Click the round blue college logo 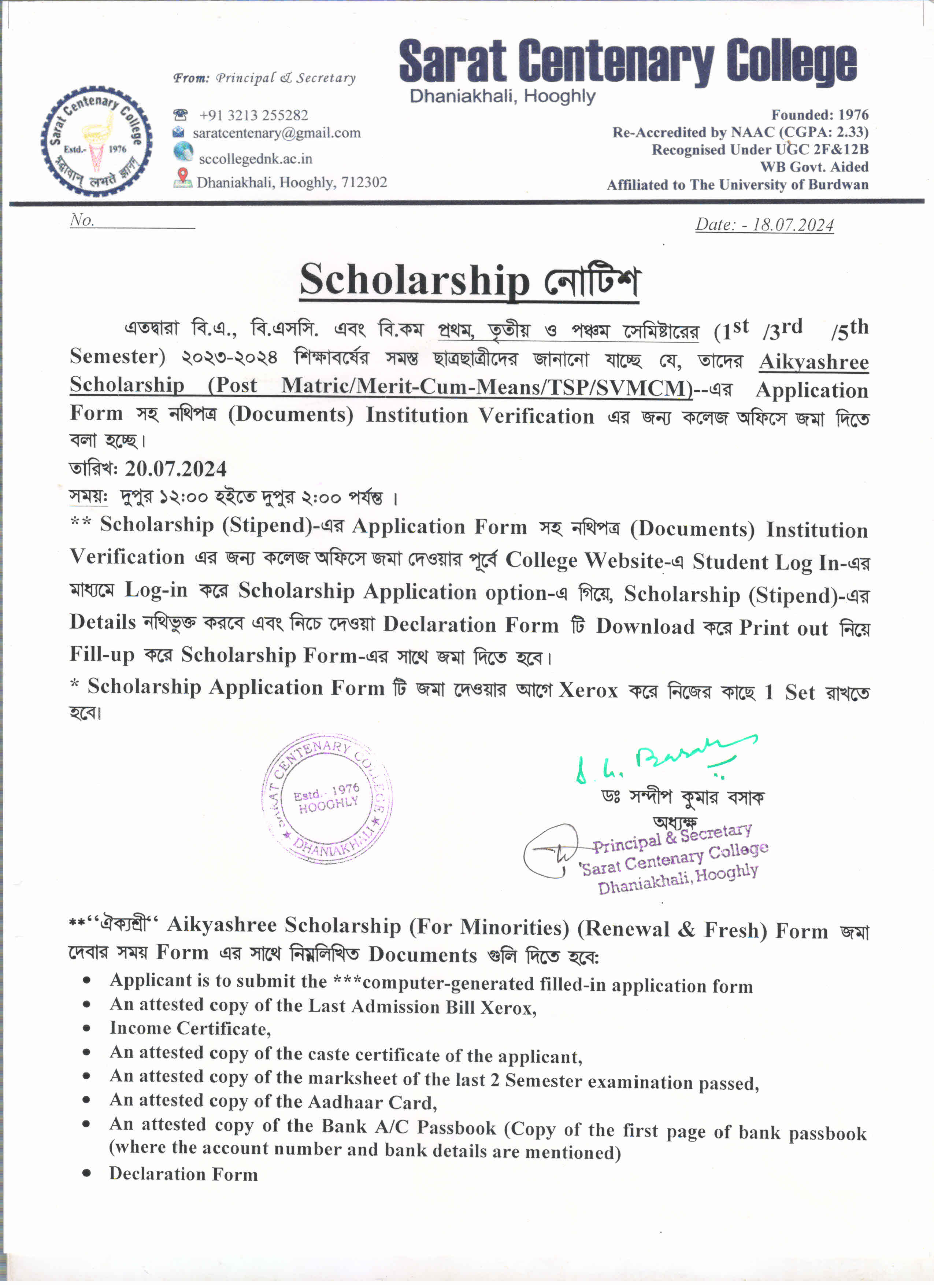click(96, 142)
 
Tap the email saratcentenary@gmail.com click(277, 133)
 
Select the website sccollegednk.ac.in click(255, 159)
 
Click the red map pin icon click(182, 176)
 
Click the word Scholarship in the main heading click(414, 280)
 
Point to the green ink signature click(663, 759)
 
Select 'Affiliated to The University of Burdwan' click(737, 185)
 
